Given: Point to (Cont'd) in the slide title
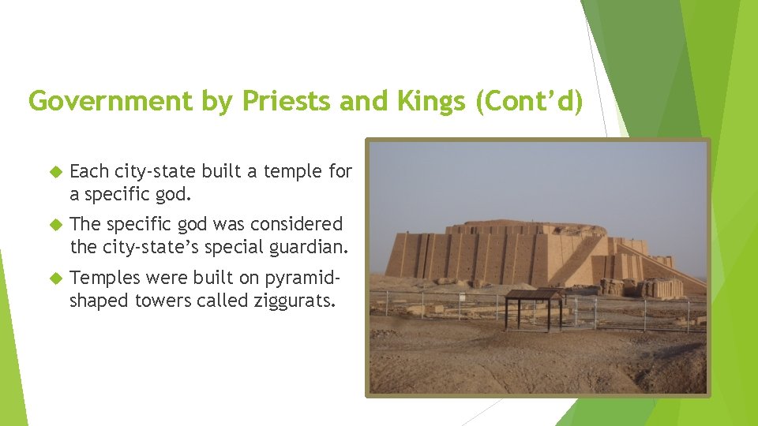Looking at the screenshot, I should click(528, 102).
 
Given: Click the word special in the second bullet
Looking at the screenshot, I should click(229, 247).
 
